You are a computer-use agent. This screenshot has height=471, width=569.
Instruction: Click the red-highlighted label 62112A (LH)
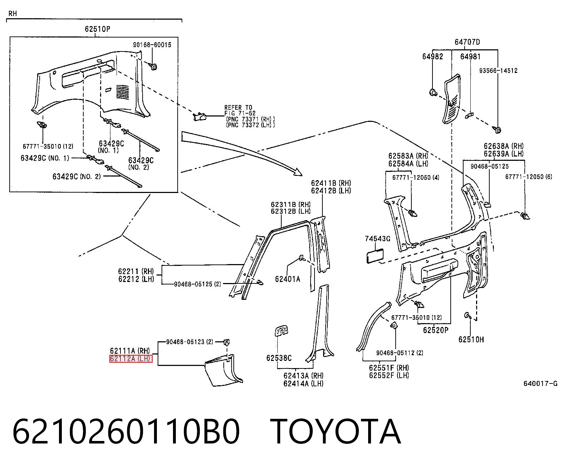click(130, 359)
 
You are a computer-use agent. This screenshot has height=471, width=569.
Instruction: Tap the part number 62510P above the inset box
click(97, 29)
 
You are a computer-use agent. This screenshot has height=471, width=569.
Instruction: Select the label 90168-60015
click(152, 45)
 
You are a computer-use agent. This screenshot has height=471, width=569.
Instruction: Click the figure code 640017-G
click(540, 383)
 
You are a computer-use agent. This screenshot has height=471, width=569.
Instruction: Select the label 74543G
click(377, 239)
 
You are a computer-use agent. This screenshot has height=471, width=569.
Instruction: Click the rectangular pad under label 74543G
click(375, 256)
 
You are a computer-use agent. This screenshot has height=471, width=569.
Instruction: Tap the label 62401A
click(287, 279)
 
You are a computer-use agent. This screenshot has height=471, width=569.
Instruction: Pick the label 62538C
click(279, 358)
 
